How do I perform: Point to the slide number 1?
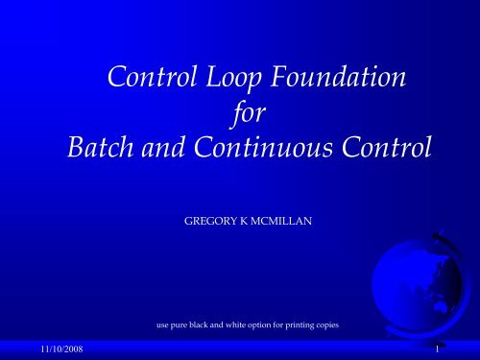[x=436, y=351]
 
